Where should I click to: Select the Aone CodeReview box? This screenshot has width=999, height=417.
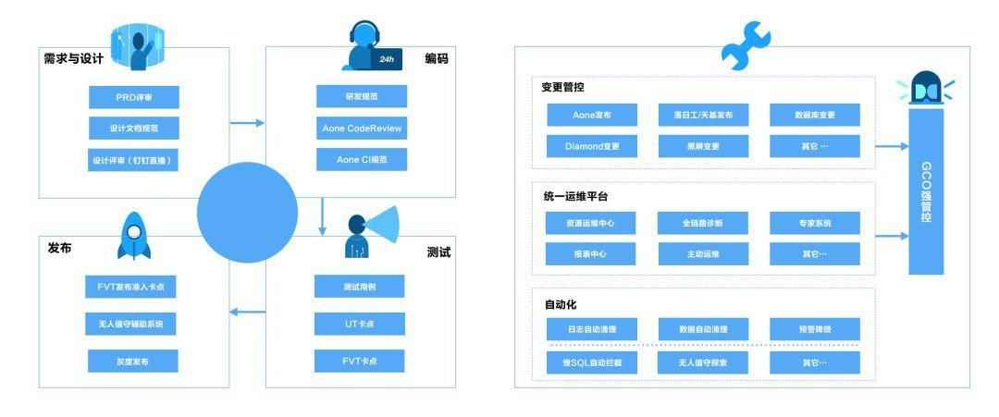pos(360,128)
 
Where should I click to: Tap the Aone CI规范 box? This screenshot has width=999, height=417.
pos(360,159)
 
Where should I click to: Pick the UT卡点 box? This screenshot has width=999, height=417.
pos(360,324)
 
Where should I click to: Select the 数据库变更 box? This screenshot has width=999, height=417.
pos(815,115)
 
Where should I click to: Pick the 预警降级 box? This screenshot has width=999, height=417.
pos(815,329)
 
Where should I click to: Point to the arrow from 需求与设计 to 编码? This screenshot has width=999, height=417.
pos(245,122)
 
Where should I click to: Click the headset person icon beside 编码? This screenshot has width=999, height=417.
pos(365,48)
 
